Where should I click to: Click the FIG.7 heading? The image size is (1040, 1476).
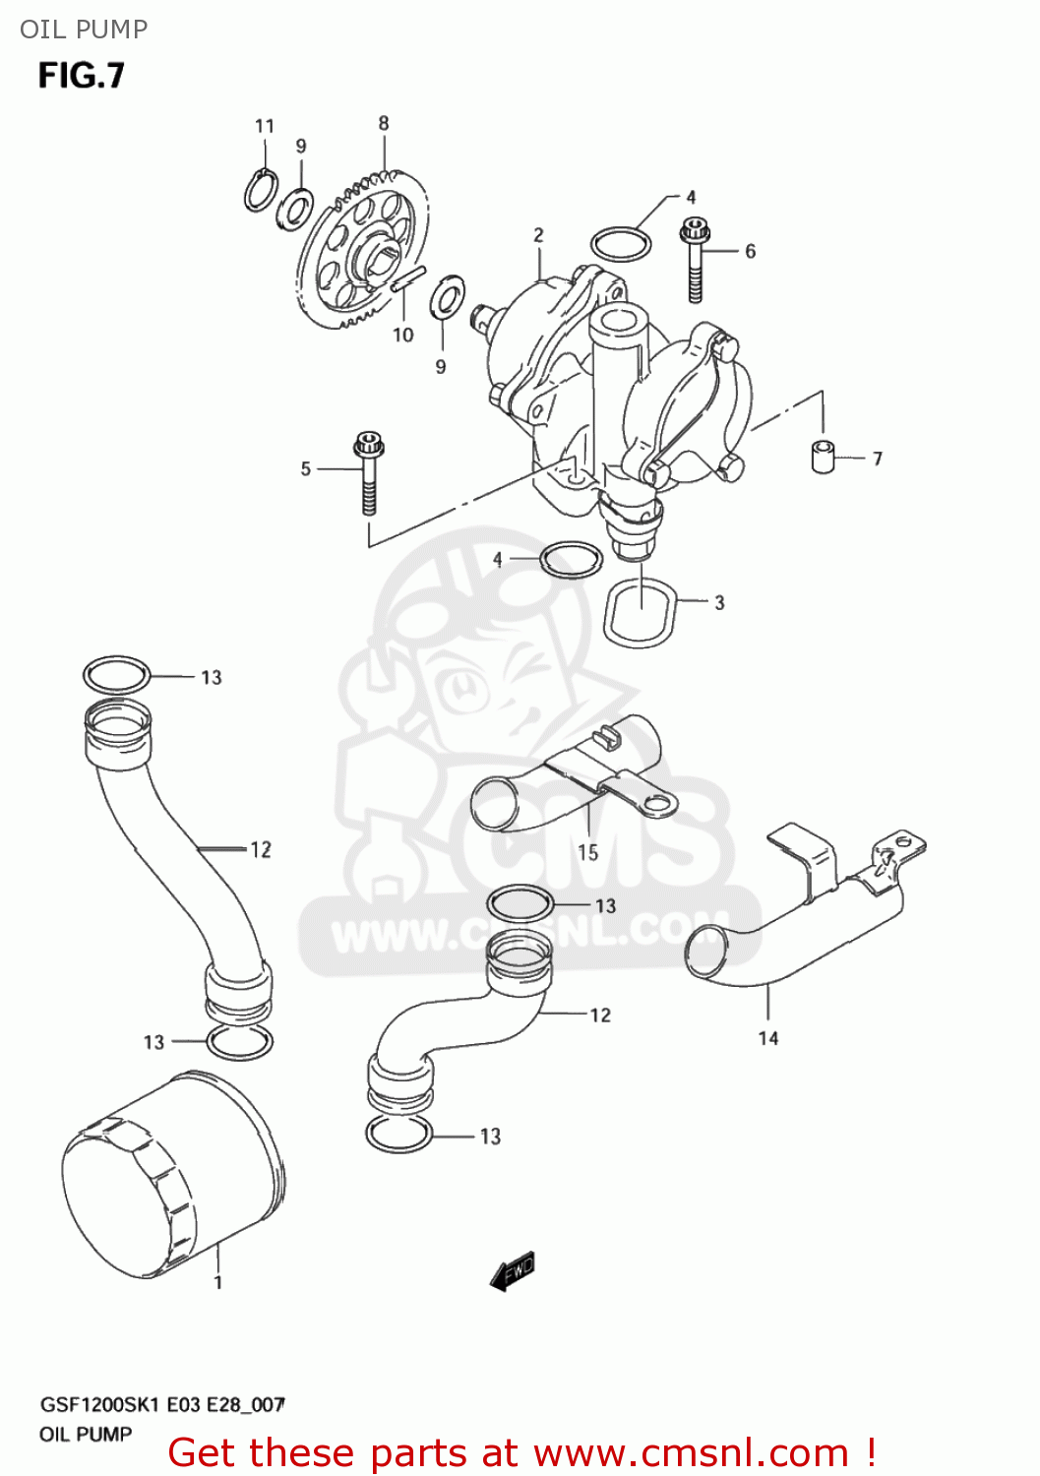pos(82,76)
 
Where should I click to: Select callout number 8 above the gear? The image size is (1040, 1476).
pos(384,123)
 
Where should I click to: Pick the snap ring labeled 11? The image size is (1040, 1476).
pos(261,190)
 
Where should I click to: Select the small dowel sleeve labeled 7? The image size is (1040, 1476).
pos(823,457)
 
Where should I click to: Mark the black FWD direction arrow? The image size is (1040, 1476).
pos(513,1271)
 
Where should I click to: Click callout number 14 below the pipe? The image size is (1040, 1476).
pos(768,1038)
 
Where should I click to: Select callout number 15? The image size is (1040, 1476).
pos(587,852)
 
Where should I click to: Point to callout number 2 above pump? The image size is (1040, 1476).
pos(538,234)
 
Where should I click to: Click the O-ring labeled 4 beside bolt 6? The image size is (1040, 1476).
pos(620,244)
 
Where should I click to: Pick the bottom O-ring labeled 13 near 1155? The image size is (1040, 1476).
pos(399,1135)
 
